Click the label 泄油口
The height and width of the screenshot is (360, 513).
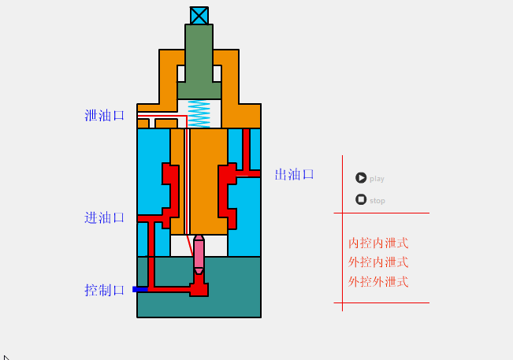tap(105, 116)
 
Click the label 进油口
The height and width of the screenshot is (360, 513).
tap(105, 218)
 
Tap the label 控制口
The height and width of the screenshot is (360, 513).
tap(105, 290)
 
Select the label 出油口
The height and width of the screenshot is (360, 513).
tap(295, 175)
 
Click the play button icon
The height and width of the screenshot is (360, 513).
tap(361, 178)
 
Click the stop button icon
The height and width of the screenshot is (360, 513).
tap(361, 199)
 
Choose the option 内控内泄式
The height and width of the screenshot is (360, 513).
tap(378, 243)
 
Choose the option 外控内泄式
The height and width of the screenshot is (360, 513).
tap(378, 262)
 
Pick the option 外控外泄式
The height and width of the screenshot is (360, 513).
tap(378, 282)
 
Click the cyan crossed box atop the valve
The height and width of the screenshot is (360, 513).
tap(199, 16)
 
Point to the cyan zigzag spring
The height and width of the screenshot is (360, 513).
tap(199, 113)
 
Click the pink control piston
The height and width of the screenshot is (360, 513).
tap(199, 254)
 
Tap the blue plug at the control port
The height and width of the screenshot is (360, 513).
tap(139, 289)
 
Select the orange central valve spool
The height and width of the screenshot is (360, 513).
tap(209, 181)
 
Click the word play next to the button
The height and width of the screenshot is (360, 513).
tap(377, 179)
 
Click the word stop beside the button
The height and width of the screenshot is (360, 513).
tap(377, 201)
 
